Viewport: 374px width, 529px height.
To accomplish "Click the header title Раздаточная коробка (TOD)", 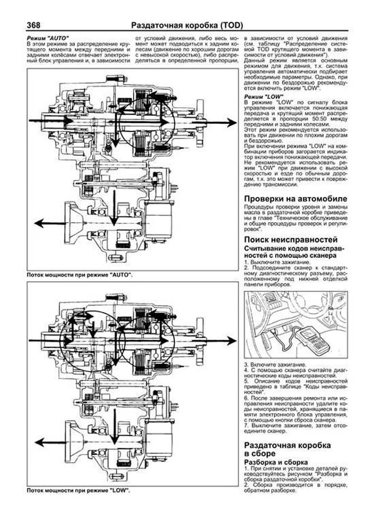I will pyautogui.click(x=187, y=25).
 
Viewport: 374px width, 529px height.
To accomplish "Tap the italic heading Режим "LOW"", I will pyautogui.click(x=264, y=97).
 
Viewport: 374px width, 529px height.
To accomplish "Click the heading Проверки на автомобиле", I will pyautogui.click(x=295, y=199).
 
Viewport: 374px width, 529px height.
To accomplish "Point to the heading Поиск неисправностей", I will pyautogui.click(x=291, y=240).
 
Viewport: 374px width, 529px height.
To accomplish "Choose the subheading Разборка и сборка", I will pyautogui.click(x=276, y=462).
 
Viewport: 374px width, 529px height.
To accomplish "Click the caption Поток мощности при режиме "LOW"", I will pyautogui.click(x=79, y=490).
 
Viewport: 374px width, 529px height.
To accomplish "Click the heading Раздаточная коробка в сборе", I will pyautogui.click(x=287, y=449).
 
